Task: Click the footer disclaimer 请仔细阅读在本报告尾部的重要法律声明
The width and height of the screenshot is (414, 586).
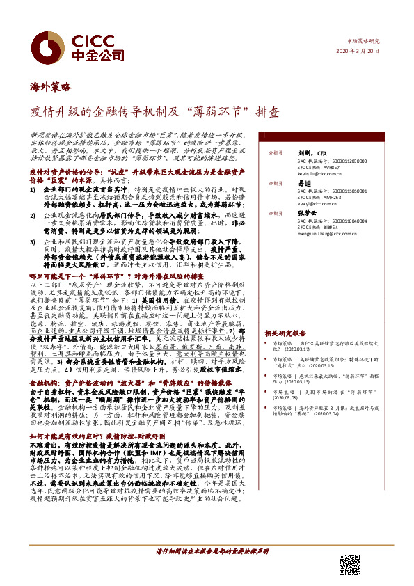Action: (x=212, y=551)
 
